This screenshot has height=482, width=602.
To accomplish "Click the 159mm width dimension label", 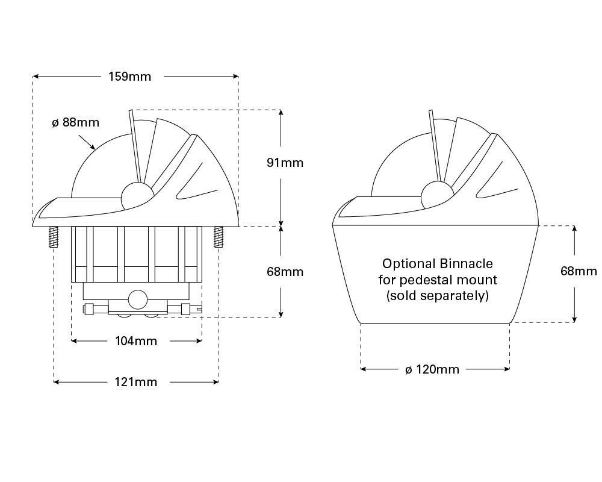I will pos(130,77).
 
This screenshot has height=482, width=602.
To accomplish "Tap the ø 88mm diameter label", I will pos(75,122).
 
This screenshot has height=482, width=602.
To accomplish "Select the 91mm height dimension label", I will pos(285,163).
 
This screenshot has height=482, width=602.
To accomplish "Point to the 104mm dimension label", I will pos(136,341).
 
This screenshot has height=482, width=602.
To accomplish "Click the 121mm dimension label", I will pos(136,382).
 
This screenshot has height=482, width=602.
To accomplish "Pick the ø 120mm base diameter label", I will pos(432,369).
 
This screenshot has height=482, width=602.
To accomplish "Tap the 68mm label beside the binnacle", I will pos(579,271).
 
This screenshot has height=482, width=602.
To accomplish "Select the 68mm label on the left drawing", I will pos(285,272).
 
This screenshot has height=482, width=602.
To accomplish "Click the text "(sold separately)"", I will pos(437,296).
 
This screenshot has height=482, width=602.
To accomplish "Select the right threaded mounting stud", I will pos(218,237).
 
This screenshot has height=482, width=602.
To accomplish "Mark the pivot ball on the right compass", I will pos(433,196).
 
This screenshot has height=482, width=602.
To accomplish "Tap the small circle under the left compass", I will pos(137,298).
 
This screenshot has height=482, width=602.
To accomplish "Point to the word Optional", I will pos(409,264).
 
